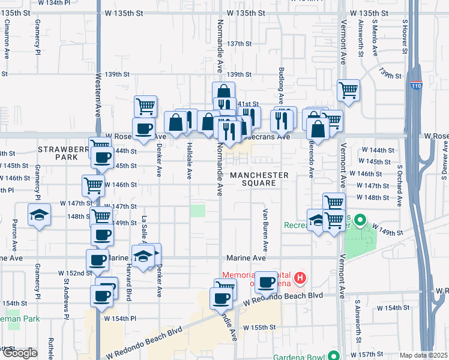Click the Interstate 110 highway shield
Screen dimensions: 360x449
point(416,86)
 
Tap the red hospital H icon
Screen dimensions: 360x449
point(301,278)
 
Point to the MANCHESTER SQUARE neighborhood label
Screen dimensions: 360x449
point(259,178)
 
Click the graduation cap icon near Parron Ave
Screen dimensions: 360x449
point(39,214)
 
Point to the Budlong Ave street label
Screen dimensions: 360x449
point(280,84)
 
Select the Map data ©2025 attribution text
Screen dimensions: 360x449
point(424,355)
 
